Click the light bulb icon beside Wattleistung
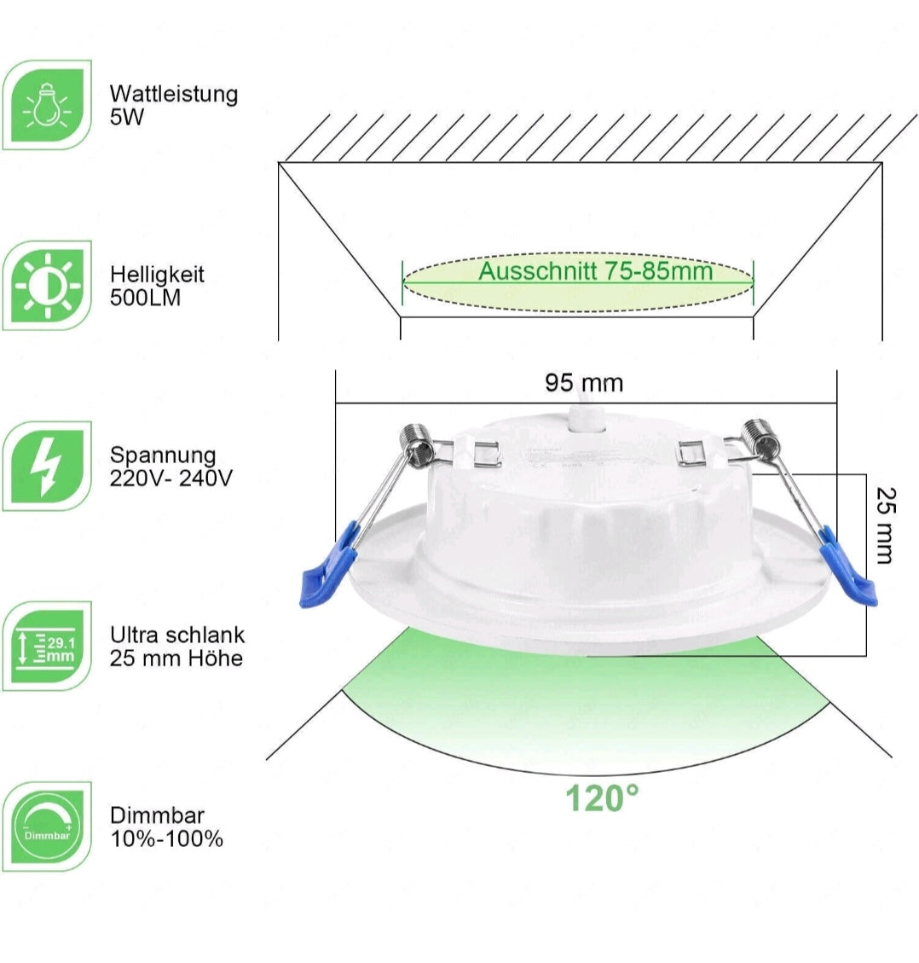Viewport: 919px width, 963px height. click(x=47, y=105)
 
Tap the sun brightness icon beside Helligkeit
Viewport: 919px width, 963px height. click(x=47, y=286)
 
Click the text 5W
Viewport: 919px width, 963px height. click(x=127, y=117)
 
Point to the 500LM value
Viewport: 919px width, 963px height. click(x=146, y=298)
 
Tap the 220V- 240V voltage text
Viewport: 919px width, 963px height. click(x=171, y=478)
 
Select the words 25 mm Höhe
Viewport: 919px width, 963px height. click(x=176, y=658)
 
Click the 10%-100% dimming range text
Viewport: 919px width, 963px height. click(x=166, y=839)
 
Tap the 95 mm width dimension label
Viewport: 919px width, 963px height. click(x=584, y=383)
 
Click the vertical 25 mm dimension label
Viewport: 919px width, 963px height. click(x=886, y=525)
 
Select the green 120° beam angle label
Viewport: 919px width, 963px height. click(x=602, y=798)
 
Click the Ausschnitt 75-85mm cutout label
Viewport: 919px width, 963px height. click(x=596, y=271)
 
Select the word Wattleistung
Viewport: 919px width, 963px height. click(x=174, y=94)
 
